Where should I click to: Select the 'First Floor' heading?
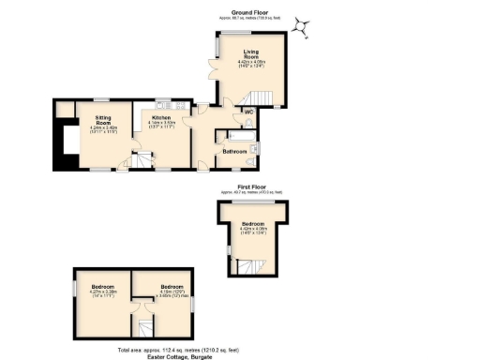tap(250, 187)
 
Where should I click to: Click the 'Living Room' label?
tap(251, 54)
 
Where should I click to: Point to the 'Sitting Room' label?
tap(103, 118)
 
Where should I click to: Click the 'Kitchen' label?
tap(162, 117)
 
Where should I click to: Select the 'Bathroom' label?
tap(233, 150)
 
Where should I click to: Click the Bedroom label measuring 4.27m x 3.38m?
tap(102, 286)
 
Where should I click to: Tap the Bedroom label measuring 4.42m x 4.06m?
tap(253, 224)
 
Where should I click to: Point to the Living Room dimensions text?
tap(251, 64)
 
